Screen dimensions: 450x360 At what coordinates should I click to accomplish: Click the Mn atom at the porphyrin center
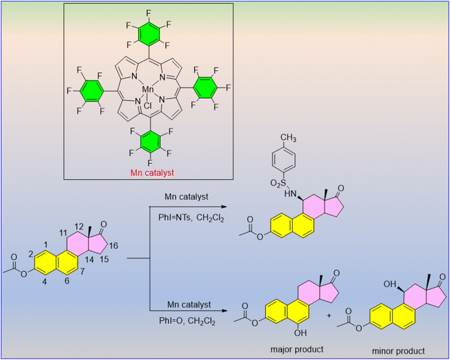[148, 90]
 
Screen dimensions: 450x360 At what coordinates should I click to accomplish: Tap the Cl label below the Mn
[148, 106]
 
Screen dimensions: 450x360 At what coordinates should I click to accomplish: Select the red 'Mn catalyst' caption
[152, 173]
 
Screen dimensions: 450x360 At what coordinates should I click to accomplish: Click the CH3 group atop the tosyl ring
[288, 138]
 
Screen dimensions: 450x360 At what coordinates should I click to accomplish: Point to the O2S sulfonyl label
[279, 183]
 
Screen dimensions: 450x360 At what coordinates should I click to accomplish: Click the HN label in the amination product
[290, 194]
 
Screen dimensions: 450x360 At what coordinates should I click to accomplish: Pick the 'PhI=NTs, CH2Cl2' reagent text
[191, 218]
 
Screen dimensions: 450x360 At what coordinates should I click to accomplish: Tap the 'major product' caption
[297, 349]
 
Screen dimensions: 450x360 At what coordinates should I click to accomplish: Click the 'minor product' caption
[399, 351]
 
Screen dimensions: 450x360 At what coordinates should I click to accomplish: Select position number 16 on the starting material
[114, 246]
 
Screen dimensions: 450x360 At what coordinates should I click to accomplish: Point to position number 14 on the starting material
[90, 260]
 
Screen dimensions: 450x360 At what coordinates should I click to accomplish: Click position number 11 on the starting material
[63, 233]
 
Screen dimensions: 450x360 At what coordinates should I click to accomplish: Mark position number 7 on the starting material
[82, 271]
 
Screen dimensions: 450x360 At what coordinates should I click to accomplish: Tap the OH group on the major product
[300, 332]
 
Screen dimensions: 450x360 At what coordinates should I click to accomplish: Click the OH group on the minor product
[390, 284]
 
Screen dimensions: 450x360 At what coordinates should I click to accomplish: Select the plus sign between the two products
[329, 316]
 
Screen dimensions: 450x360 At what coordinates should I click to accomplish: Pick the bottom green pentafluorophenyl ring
[150, 143]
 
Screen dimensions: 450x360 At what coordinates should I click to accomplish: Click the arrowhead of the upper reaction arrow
[224, 207]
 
